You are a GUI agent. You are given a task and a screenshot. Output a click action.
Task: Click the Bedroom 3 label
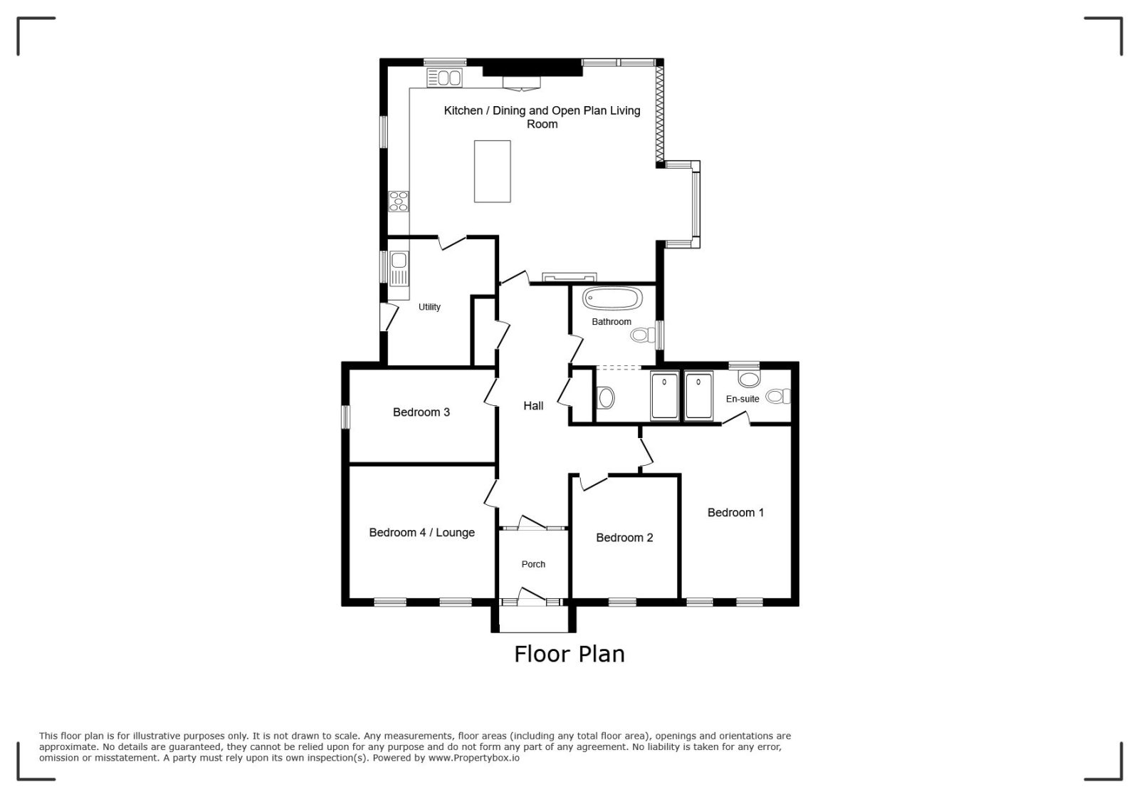[x=421, y=412]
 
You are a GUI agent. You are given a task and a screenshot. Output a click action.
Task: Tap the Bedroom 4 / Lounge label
[x=421, y=533]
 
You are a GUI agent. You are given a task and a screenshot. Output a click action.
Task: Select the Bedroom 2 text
[x=624, y=538]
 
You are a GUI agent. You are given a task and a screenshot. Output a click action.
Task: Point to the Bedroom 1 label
[x=735, y=513]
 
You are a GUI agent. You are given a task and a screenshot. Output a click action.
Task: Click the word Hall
[x=533, y=406]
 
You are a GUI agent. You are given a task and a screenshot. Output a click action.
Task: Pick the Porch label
[x=533, y=564]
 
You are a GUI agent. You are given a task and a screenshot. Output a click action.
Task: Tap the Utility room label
[x=429, y=307]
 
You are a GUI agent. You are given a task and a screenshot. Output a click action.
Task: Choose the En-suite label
[x=742, y=400]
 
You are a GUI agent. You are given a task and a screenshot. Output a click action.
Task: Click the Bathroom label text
[x=612, y=322]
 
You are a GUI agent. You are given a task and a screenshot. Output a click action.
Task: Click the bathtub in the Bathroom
[x=612, y=298]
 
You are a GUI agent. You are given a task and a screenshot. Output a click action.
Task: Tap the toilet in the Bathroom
[x=644, y=335]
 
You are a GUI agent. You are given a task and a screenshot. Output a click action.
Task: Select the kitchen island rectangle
[x=492, y=172]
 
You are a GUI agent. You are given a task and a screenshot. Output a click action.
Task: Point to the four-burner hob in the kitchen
[x=398, y=202]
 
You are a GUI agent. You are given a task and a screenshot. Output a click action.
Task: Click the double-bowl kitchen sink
[x=444, y=78]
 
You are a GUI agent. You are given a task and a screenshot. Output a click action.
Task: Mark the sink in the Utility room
[x=399, y=268]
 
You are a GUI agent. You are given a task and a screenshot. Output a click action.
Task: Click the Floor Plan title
[x=569, y=655]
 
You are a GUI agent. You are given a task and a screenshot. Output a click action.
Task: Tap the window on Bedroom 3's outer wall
[x=345, y=417]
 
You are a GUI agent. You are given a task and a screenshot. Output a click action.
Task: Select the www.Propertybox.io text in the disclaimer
[x=474, y=758]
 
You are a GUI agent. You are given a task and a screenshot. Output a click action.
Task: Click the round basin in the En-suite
[x=748, y=379]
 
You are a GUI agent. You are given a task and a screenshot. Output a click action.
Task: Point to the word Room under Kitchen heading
[x=542, y=125]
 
